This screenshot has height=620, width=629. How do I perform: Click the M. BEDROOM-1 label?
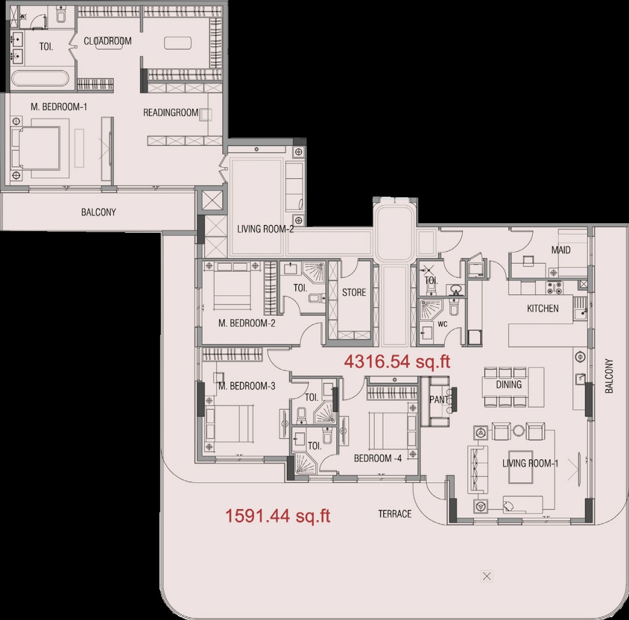[59, 107]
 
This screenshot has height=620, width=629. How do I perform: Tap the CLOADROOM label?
[108, 41]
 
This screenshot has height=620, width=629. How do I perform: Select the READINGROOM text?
[171, 113]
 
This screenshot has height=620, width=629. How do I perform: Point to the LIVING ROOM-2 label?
[265, 229]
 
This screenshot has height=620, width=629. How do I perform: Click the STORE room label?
[354, 293]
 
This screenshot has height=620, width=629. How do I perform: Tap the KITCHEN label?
[542, 308]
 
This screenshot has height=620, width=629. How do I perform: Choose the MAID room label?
[561, 250]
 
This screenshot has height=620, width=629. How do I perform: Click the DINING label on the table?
[508, 384]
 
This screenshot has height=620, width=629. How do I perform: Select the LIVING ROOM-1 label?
[530, 463]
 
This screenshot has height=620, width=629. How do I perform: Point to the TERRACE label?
[395, 513]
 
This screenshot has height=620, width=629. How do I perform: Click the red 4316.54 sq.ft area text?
[397, 362]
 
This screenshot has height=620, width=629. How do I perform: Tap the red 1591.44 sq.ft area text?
[278, 515]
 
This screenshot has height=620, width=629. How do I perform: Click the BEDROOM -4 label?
[378, 458]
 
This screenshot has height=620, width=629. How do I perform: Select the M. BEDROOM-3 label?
[247, 386]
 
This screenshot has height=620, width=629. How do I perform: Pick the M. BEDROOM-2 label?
[247, 323]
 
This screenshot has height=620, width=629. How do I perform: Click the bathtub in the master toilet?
[40, 78]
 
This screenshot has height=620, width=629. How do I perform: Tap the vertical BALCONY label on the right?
[609, 376]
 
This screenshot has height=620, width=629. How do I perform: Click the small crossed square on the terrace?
[486, 576]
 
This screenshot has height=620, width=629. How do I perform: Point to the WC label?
[442, 324]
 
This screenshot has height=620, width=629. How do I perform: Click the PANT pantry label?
[438, 400]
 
